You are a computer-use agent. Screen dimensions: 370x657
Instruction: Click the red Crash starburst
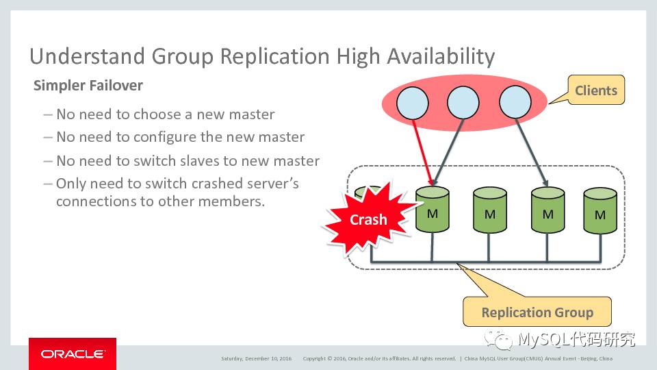[x=368, y=219]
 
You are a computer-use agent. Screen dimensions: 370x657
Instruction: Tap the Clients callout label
[x=595, y=90]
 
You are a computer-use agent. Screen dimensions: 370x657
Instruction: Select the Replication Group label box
[x=537, y=312]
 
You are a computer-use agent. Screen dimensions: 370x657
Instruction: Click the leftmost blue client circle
[x=412, y=103]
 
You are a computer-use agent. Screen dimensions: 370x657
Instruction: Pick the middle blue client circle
[x=463, y=103]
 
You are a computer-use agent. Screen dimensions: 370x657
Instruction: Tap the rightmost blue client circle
[x=515, y=103]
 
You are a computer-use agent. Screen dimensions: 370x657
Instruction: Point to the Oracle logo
[x=73, y=354]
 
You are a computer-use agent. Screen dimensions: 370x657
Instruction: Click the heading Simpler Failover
[x=88, y=86]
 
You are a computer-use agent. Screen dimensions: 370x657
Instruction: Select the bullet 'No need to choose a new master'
[x=165, y=114]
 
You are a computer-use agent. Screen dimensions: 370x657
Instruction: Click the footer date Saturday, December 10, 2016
[x=256, y=358]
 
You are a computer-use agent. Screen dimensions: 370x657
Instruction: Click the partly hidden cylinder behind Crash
[x=373, y=193]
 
